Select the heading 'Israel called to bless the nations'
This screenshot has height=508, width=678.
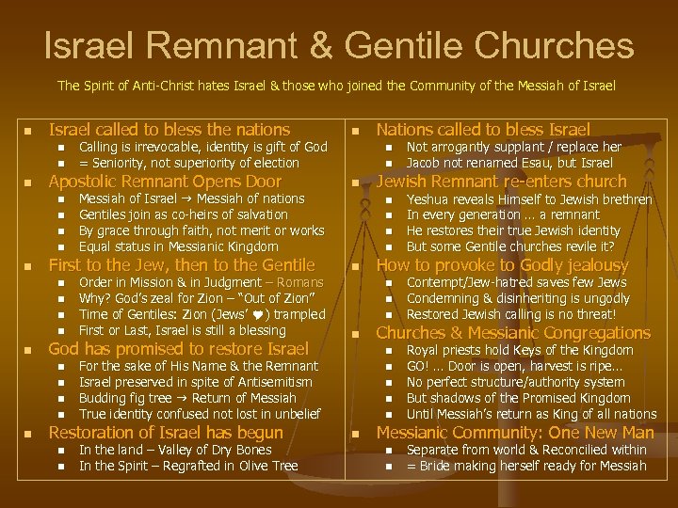click(x=169, y=130)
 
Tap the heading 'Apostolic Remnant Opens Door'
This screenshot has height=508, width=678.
click(x=165, y=182)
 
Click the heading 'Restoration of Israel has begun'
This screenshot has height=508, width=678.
click(x=166, y=433)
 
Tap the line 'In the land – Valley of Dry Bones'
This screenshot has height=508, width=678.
click(x=175, y=450)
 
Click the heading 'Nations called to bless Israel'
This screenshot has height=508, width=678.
click(x=483, y=130)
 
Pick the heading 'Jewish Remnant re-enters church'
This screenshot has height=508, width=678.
click(x=501, y=182)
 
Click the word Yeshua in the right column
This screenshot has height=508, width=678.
click(x=429, y=198)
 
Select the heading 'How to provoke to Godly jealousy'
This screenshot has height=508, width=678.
click(x=502, y=265)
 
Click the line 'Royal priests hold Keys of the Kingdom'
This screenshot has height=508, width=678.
click(x=520, y=350)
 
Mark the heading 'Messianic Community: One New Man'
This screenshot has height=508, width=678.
click(x=515, y=433)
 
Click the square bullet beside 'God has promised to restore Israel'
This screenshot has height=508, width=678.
click(x=28, y=349)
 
